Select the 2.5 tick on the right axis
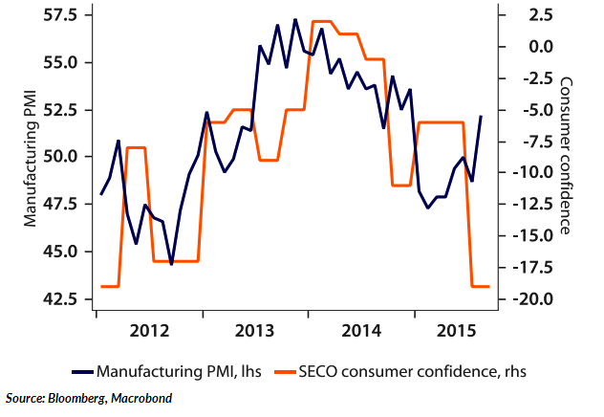pyautogui.click(x=523, y=16)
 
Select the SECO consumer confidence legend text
pyautogui.click(x=412, y=369)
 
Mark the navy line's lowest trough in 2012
pyautogui.click(x=171, y=264)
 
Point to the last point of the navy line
pyautogui.click(x=481, y=117)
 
